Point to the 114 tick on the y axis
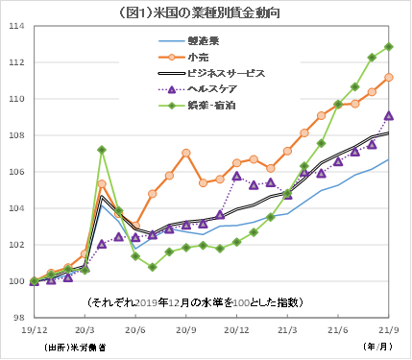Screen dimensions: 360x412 [x=15, y=26]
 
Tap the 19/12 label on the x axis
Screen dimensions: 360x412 [x=35, y=330]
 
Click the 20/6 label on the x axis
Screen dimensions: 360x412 [x=135, y=330]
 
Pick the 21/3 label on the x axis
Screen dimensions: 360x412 [x=287, y=330]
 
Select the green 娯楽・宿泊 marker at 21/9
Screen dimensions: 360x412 [x=388, y=46]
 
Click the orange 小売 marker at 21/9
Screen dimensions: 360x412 [x=388, y=77]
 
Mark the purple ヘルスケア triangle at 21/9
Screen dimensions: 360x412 [x=388, y=115]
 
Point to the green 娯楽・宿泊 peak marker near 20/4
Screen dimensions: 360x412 [x=102, y=150]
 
